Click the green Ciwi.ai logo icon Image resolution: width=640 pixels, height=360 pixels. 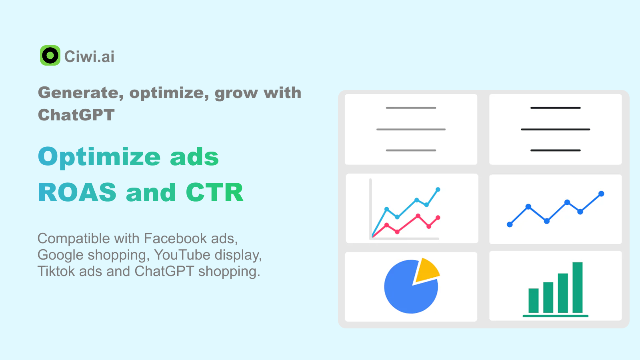point(50,56)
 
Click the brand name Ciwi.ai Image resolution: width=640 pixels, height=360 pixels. point(89,56)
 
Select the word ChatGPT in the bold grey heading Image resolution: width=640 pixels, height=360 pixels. point(76,115)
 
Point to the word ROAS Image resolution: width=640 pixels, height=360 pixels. point(77,192)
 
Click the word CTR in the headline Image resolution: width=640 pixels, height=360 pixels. point(214,192)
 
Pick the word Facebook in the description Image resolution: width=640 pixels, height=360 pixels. point(175,238)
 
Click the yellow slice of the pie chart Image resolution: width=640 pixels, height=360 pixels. point(426,270)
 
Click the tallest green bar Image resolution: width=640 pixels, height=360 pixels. point(578,288)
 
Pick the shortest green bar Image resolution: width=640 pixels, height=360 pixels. point(534,300)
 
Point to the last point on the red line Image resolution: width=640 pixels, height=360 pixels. point(438,218)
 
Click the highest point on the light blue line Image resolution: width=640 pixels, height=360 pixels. point(438,190)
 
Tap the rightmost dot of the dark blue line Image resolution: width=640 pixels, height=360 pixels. point(601,194)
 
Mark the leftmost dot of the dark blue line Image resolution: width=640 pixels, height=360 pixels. point(510,224)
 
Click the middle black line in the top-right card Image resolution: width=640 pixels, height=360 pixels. point(556,130)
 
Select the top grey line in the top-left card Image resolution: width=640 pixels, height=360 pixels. point(411,108)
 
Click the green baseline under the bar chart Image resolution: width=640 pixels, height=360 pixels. point(556,316)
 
